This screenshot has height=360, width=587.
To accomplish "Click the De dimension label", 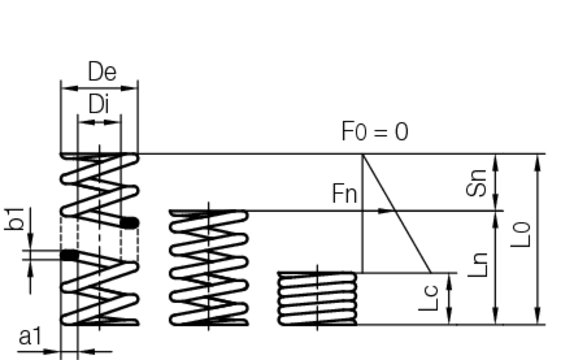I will click(100, 73).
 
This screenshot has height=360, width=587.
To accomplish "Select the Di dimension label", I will click(99, 103).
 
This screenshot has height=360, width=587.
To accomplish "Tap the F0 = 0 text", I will click(375, 131).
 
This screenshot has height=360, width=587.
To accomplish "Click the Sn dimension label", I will click(477, 183).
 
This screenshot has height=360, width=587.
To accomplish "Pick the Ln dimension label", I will click(479, 265).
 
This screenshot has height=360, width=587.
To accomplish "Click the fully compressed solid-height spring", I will click(316, 297).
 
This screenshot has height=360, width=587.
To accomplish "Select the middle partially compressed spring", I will click(209, 267).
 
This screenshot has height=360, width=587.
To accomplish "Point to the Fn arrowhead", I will click(386, 211).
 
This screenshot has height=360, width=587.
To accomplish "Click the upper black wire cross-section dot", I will click(129, 222).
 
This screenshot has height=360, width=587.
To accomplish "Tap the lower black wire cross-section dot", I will click(69, 256).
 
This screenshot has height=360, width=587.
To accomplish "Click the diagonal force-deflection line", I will click(395, 212).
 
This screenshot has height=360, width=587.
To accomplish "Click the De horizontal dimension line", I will click(100, 88).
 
